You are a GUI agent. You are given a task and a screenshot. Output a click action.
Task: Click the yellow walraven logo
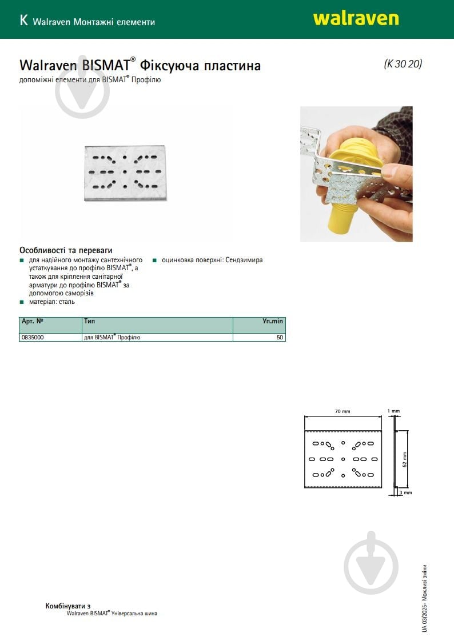coord(356,19)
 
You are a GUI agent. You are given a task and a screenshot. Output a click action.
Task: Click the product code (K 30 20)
coord(403,64)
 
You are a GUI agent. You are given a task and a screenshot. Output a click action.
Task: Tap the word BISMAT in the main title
coord(106,65)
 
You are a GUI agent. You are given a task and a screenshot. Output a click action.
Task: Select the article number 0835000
coord(33,337)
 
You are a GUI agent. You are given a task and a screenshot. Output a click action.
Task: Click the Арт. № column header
coord(33,321)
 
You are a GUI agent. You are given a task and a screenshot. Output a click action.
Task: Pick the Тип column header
coord(90,321)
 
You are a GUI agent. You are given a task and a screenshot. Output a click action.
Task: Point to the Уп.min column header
coord(272,321)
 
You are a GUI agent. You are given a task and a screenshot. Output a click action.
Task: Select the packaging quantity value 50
coord(280,337)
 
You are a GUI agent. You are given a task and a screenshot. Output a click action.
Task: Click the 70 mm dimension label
coord(343,411)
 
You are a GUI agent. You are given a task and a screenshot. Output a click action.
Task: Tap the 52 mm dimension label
coord(404,459)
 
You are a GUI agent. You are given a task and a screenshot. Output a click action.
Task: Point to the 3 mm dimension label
coord(406,492)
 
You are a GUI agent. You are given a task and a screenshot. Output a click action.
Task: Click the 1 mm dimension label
coord(393,411)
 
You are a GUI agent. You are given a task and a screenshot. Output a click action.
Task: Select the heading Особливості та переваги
coord(66,250)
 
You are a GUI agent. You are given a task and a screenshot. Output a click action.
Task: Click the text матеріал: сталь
coord(52,302)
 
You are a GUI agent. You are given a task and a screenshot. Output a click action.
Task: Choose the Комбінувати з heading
coord(68,606)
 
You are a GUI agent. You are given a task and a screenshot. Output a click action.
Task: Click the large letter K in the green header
coord(23,20)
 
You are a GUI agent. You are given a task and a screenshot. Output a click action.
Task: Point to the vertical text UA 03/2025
coord(424,618)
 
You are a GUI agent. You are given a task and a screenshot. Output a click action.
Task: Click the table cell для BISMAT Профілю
coord(112,337)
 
